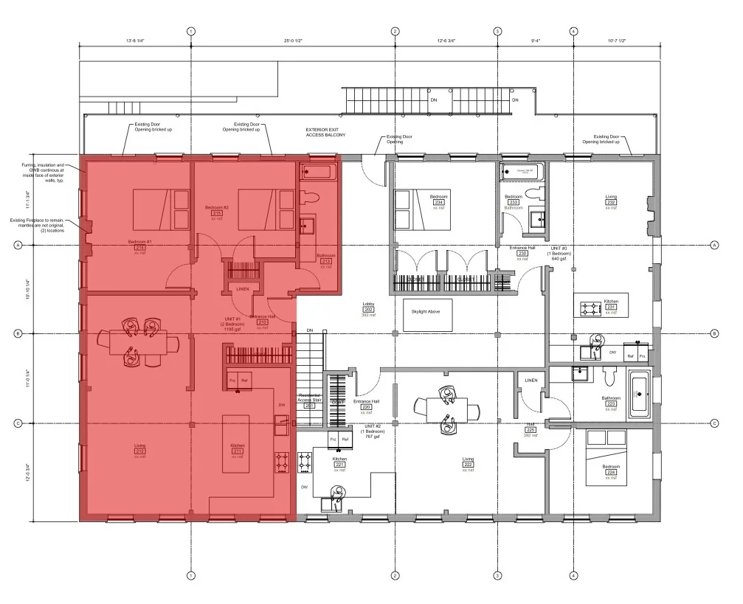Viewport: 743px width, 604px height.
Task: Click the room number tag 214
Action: tap(140, 248)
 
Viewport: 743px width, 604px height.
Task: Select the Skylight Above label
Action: tap(425, 312)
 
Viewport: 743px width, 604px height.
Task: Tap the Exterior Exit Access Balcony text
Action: tap(325, 133)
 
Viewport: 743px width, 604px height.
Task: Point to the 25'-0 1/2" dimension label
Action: tap(293, 41)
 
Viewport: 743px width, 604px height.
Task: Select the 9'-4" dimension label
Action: tap(536, 41)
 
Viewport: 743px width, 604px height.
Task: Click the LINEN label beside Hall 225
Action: tap(531, 381)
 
